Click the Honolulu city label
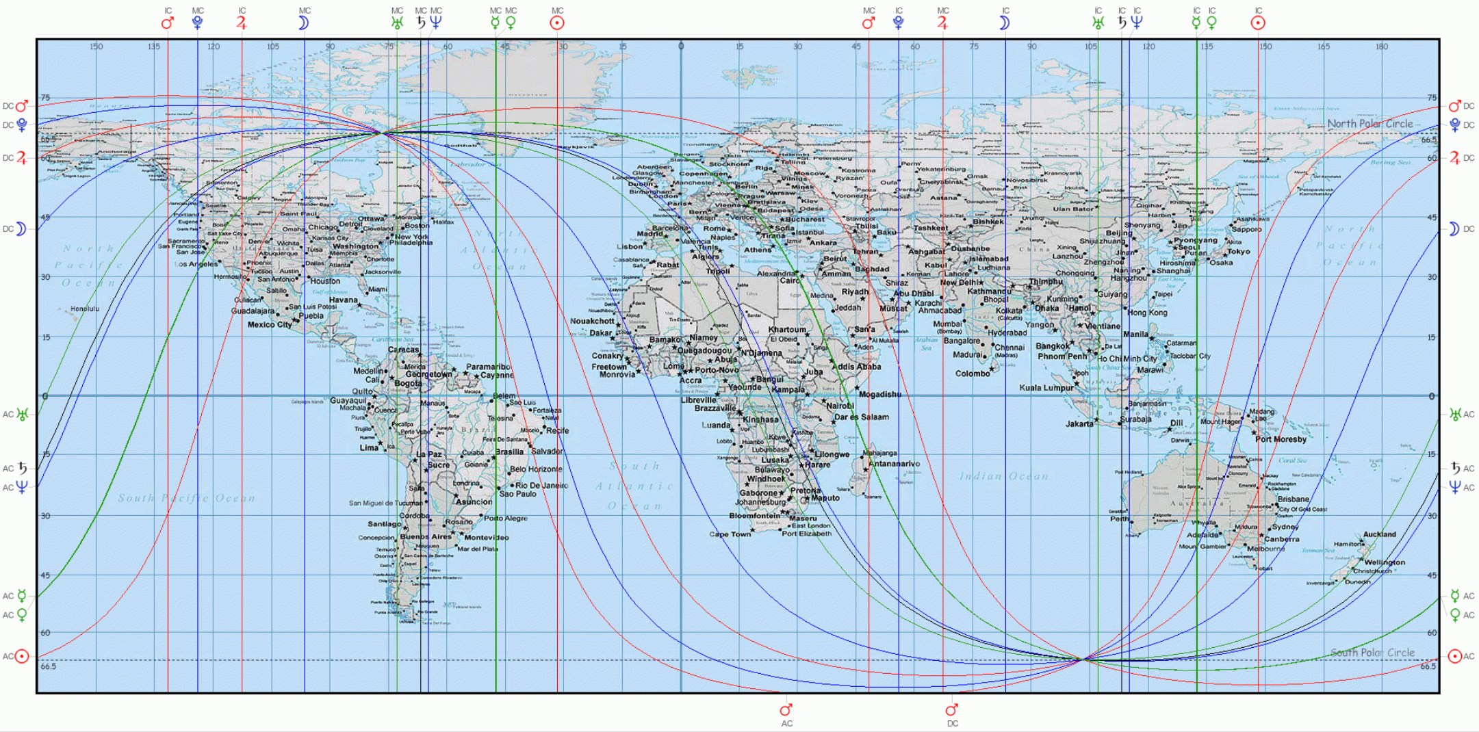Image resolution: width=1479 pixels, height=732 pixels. [85, 309]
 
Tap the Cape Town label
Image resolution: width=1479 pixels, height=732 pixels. [729, 534]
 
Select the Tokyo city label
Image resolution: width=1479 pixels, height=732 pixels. [1238, 251]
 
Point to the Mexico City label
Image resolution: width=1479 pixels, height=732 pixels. [269, 324]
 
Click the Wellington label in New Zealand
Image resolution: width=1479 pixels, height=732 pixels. [1385, 562]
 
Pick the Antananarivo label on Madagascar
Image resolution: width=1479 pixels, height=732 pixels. [894, 463]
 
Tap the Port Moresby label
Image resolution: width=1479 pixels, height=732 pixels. [1281, 439]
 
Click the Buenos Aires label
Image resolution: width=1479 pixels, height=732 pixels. [426, 536]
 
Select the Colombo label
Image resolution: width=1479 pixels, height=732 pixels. [972, 374]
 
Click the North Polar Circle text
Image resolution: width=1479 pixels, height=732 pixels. [1369, 124]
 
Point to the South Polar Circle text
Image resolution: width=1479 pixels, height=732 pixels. [1372, 653]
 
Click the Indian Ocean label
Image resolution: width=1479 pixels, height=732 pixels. [1003, 476]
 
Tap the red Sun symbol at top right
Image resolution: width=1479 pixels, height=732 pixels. [1258, 23]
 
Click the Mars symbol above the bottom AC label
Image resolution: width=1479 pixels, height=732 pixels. [786, 709]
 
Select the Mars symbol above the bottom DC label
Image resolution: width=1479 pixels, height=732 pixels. [952, 709]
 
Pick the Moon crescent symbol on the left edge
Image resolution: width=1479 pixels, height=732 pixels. [21, 228]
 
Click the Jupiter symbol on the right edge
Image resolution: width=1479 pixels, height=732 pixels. [1454, 158]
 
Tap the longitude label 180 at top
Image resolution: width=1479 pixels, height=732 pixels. [1382, 47]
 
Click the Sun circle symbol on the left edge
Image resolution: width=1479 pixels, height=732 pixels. [22, 657]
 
